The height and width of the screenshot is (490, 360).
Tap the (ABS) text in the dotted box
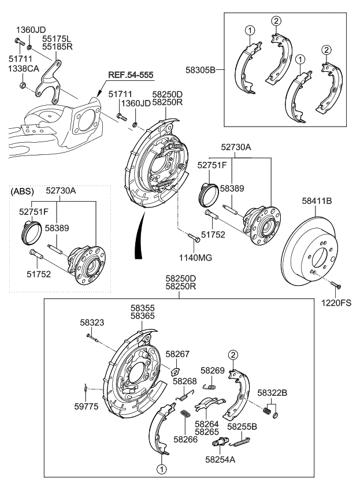click(23, 190)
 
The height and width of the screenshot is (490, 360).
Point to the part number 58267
click(177, 354)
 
